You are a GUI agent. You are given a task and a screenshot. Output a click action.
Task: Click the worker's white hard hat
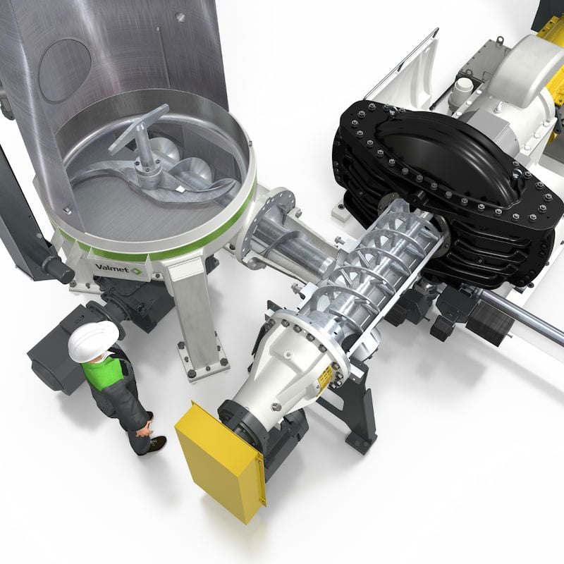pyautogui.click(x=93, y=340)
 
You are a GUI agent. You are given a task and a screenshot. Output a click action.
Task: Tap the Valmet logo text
pyautogui.click(x=113, y=268)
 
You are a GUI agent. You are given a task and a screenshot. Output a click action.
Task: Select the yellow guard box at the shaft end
pyautogui.click(x=221, y=460)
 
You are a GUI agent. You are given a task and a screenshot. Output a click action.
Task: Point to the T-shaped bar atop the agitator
pyautogui.click(x=138, y=127)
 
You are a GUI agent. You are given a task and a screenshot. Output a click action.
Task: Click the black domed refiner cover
pyautogui.click(x=443, y=154)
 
